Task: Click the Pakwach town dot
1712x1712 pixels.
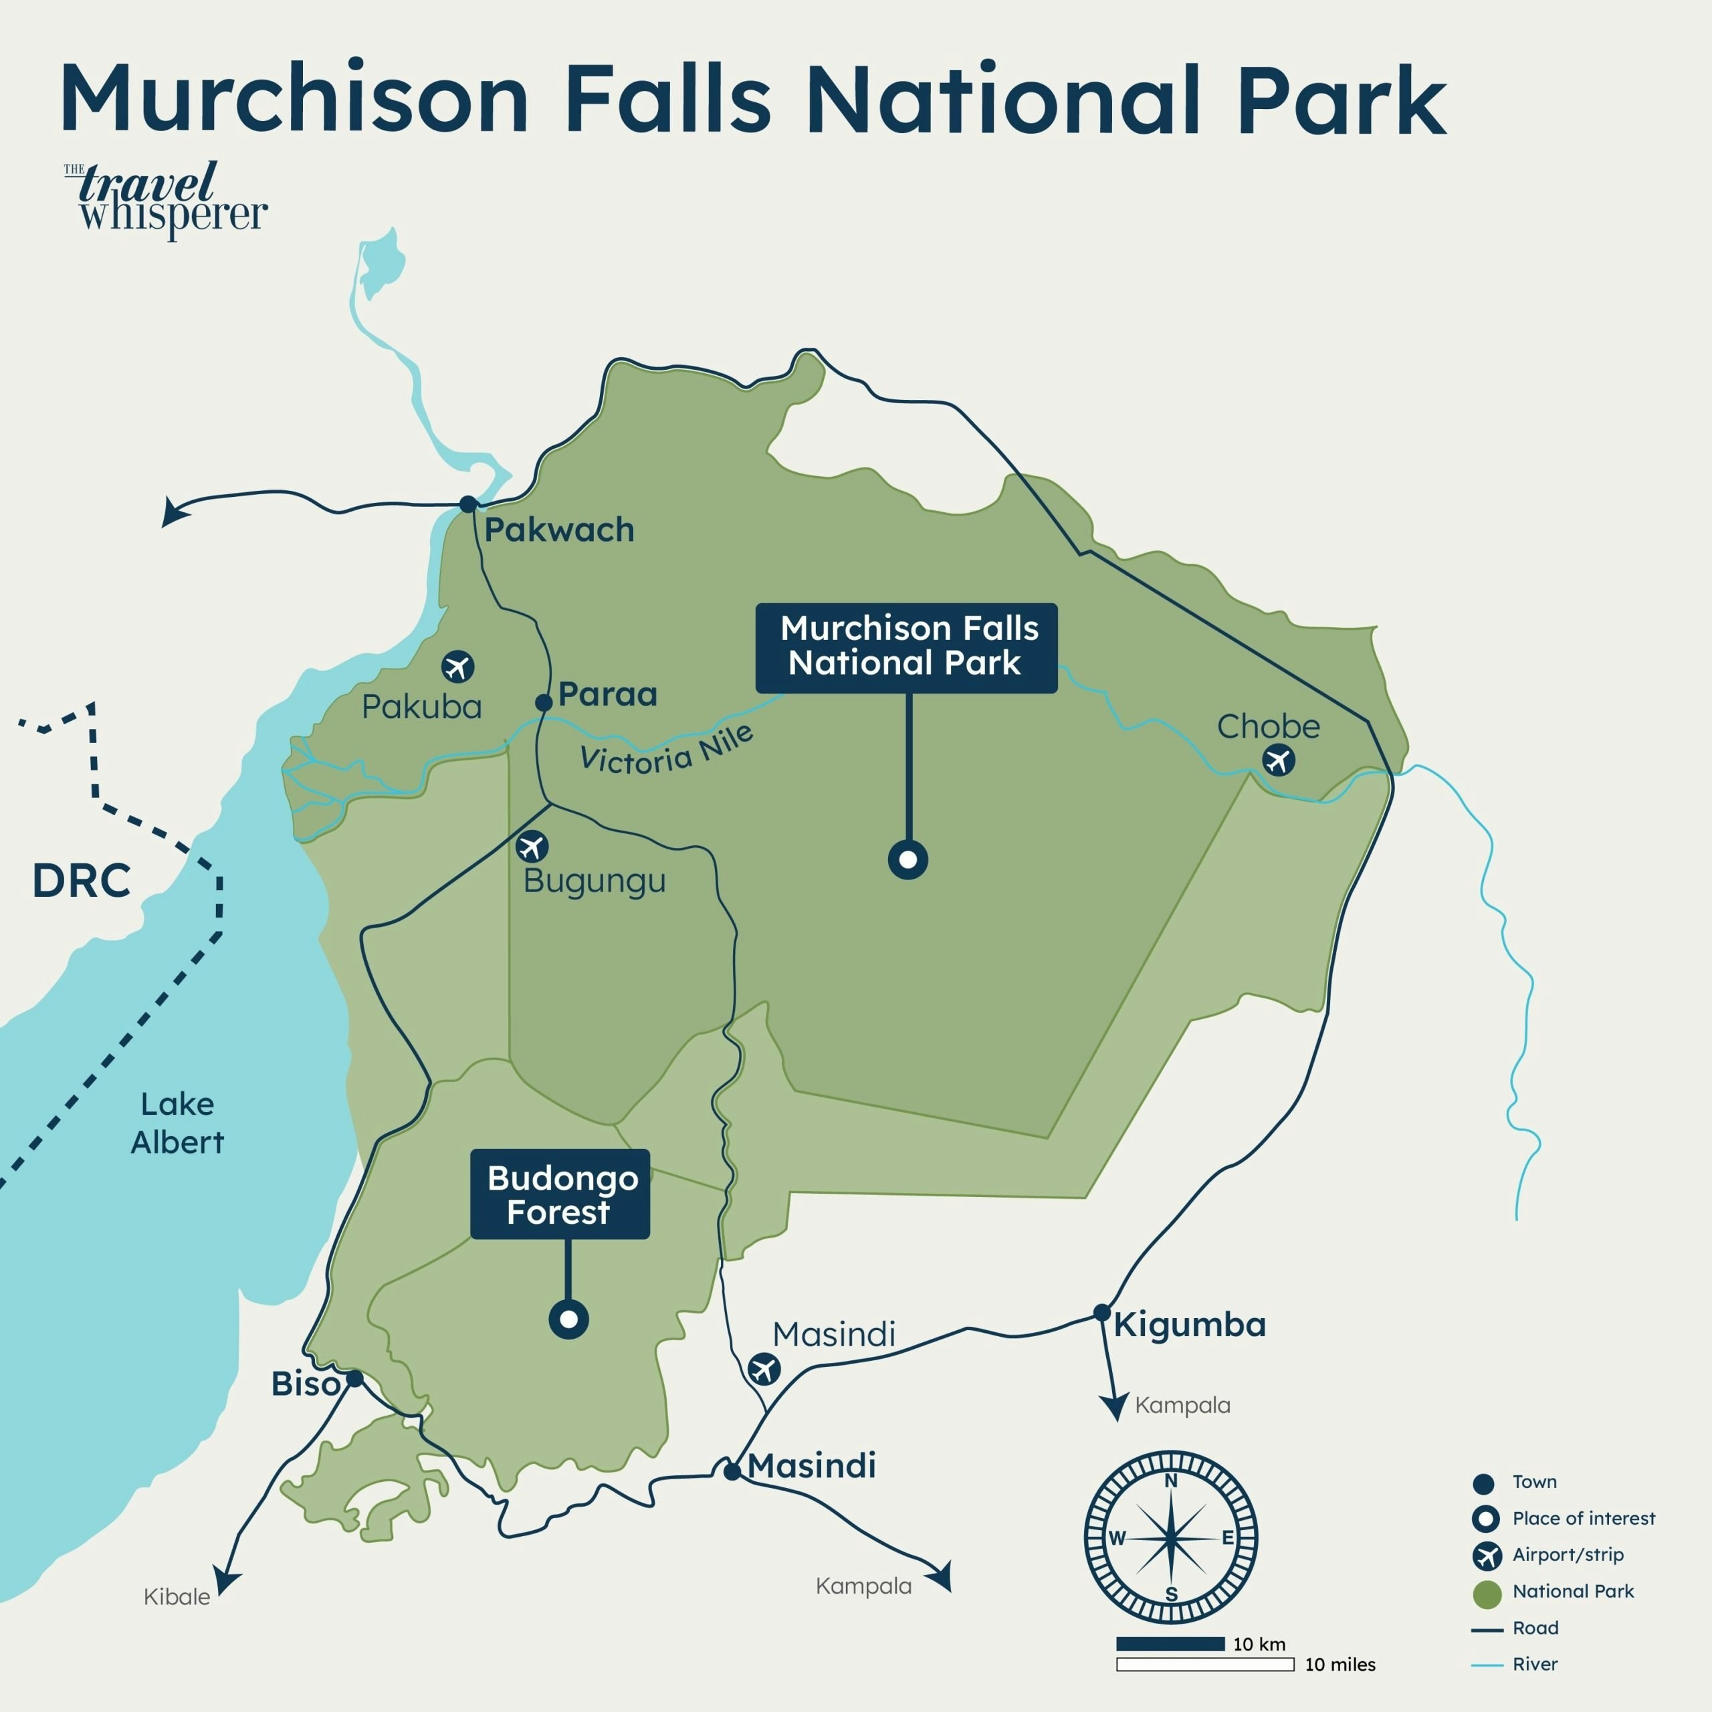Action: tap(468, 504)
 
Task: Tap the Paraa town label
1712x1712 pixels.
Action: tap(608, 694)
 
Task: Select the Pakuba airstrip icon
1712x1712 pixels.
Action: tap(457, 666)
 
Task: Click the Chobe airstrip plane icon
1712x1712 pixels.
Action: tap(1278, 760)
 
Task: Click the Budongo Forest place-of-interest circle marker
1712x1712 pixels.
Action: tap(568, 1319)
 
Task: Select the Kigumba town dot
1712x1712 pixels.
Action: tap(1101, 1312)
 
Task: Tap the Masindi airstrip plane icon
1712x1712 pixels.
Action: tap(764, 1369)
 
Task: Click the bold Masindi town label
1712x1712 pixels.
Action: tap(812, 1466)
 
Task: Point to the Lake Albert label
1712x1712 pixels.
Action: tap(177, 1123)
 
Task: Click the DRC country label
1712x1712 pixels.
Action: tap(82, 881)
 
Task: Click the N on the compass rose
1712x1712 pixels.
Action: tap(1170, 1481)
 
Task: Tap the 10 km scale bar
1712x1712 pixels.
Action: tap(1170, 1644)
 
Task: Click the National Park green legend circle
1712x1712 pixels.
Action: tap(1487, 1594)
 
